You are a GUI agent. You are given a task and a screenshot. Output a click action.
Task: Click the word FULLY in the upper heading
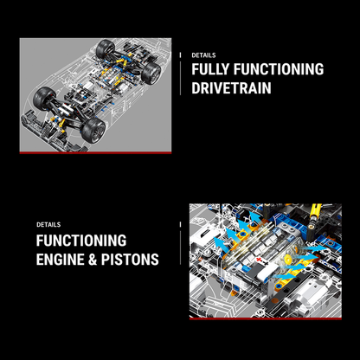pos(213,70)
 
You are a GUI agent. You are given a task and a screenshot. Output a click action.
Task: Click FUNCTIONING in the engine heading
pos(81,240)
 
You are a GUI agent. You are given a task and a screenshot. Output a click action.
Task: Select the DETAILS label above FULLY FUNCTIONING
pos(203,55)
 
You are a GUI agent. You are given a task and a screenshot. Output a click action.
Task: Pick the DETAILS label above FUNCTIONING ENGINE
pos(48,224)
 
